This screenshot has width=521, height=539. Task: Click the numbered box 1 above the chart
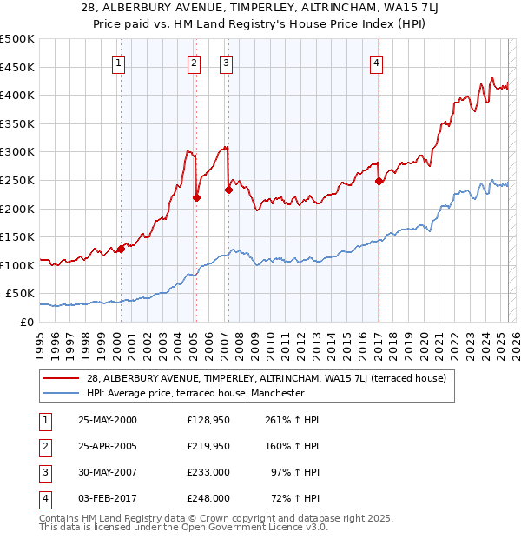[x=117, y=62]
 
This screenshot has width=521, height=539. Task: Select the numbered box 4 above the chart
[x=377, y=62]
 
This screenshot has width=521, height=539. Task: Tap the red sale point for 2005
[x=196, y=197]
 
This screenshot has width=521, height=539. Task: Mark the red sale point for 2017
[x=379, y=182]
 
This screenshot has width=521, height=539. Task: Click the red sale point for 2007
[x=228, y=190]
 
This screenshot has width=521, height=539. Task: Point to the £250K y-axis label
[x=17, y=180]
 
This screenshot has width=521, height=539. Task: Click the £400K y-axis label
[x=17, y=95]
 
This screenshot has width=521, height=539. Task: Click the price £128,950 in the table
[x=208, y=420]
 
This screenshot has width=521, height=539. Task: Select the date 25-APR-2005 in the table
[x=108, y=446]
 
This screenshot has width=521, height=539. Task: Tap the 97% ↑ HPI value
[x=295, y=472]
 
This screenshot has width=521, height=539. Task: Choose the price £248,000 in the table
[x=208, y=498]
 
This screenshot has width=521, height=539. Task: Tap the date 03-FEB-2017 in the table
[x=108, y=498]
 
